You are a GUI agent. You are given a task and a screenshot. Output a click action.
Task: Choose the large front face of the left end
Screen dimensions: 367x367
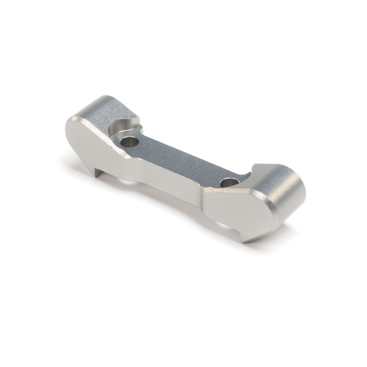[94, 142]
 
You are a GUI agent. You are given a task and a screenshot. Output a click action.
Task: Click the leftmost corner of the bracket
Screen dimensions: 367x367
[66, 120]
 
